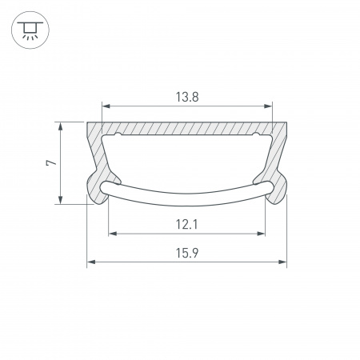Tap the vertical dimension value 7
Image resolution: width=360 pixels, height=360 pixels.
click(x=50, y=162)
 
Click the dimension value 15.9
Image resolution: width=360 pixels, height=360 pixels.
click(x=187, y=253)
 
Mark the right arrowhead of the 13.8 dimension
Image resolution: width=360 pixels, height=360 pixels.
click(x=270, y=105)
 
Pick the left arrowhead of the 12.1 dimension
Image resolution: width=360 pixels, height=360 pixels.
click(x=111, y=234)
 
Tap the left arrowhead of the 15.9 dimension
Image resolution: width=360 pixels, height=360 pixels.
click(x=90, y=262)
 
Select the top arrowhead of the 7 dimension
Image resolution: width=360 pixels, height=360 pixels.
click(x=61, y=125)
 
